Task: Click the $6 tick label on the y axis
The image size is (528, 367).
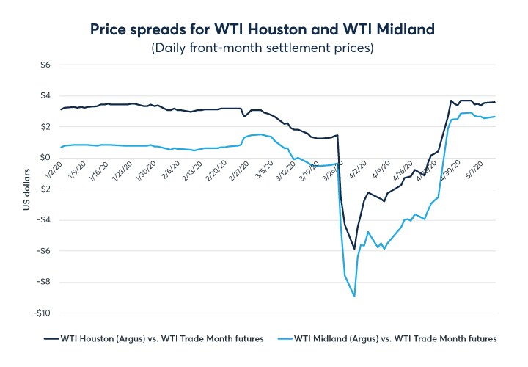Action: pyautogui.click(x=45, y=65)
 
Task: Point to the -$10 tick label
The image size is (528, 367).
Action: pyautogui.click(x=42, y=313)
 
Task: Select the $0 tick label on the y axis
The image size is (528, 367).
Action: pyautogui.click(x=45, y=158)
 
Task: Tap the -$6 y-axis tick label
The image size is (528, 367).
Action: pyautogui.click(x=43, y=251)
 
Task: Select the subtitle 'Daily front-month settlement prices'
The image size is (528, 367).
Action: pyautogui.click(x=263, y=48)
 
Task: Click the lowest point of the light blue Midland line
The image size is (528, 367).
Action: pyautogui.click(x=355, y=297)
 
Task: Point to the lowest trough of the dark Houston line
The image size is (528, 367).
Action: pyautogui.click(x=355, y=249)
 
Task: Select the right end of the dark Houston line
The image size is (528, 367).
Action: pyautogui.click(x=496, y=102)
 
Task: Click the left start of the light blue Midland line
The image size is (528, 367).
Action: pyautogui.click(x=62, y=148)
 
